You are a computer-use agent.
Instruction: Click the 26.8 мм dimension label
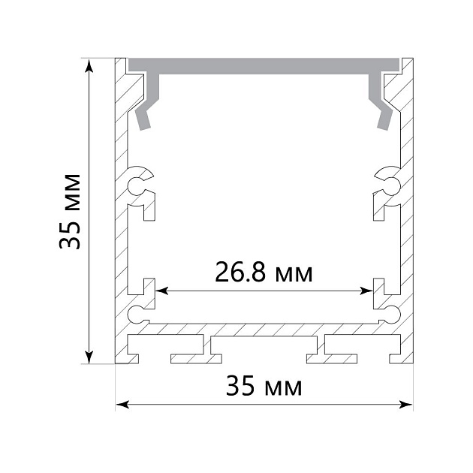click(264, 272)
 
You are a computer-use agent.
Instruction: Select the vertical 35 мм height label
click(70, 212)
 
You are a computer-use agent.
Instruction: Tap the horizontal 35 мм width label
click(264, 386)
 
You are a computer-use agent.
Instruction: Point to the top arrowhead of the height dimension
click(89, 66)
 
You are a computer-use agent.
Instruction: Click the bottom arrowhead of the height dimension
click(89, 357)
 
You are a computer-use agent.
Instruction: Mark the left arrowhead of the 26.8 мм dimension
click(161, 291)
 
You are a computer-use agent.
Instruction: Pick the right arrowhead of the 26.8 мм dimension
click(366, 291)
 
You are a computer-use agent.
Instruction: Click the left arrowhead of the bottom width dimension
click(122, 405)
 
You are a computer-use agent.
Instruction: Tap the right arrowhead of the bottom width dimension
click(405, 405)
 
